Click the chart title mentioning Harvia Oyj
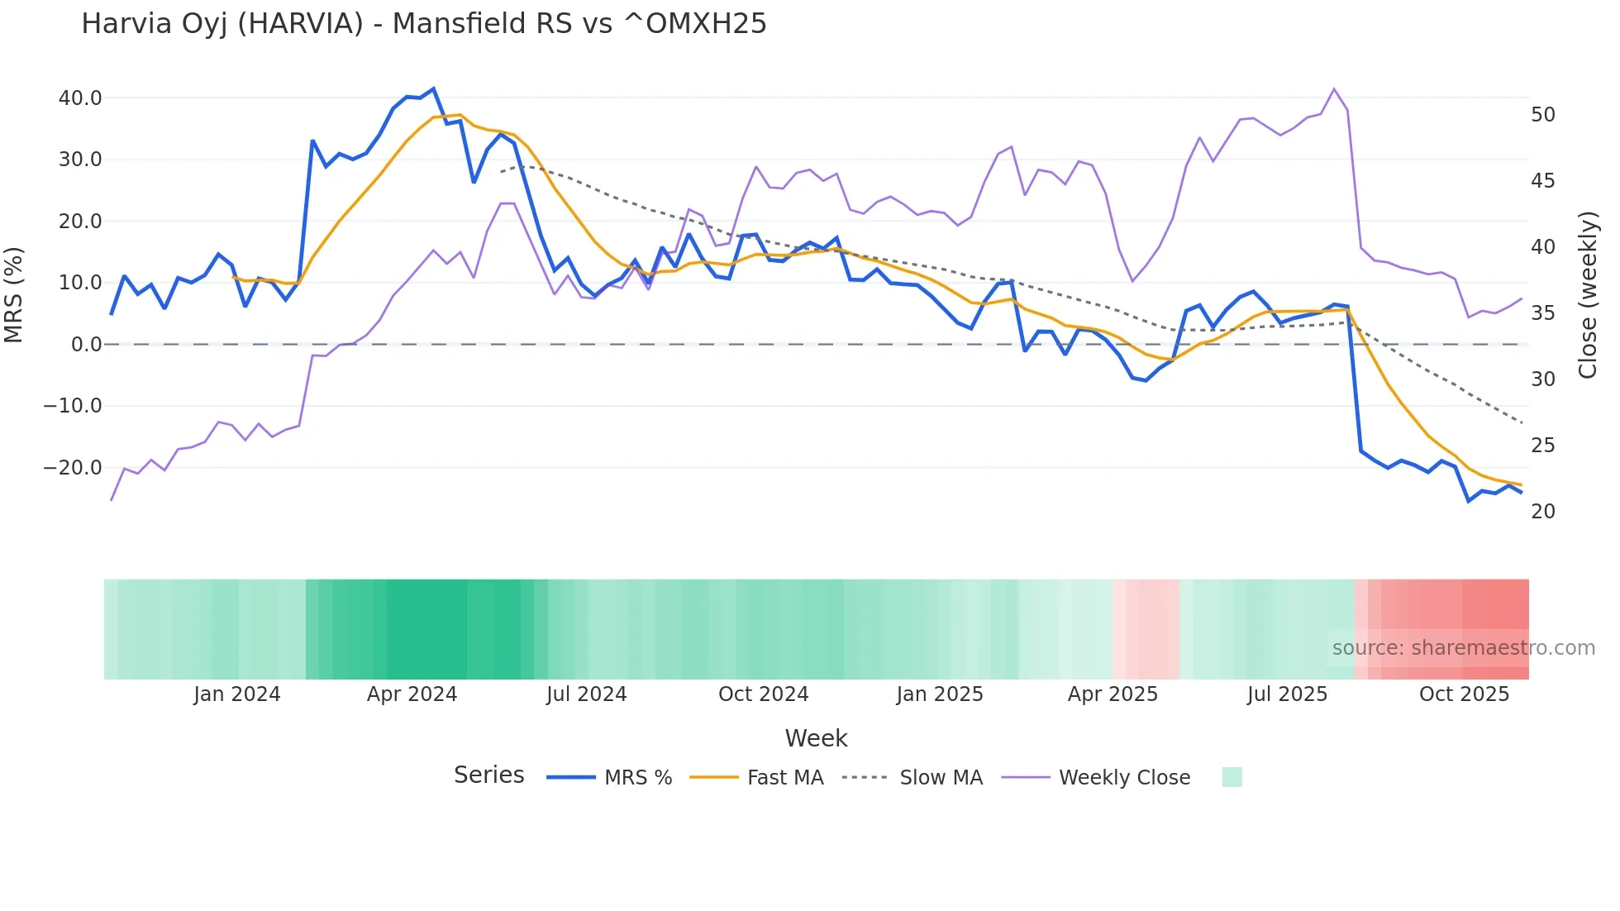point(423,24)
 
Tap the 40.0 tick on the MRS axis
point(80,98)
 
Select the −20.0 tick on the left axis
point(73,468)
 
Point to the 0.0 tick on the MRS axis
point(87,345)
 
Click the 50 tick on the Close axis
point(1543,115)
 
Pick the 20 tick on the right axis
point(1543,512)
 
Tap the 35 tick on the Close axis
point(1543,313)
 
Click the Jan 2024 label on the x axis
point(237,694)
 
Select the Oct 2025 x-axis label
point(1464,694)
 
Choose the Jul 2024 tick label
point(587,694)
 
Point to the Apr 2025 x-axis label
point(1113,694)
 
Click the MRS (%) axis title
point(14,295)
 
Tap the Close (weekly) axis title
point(1588,295)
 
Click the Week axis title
point(816,738)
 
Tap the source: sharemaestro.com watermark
point(1463,648)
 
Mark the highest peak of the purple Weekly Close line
point(1334,88)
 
